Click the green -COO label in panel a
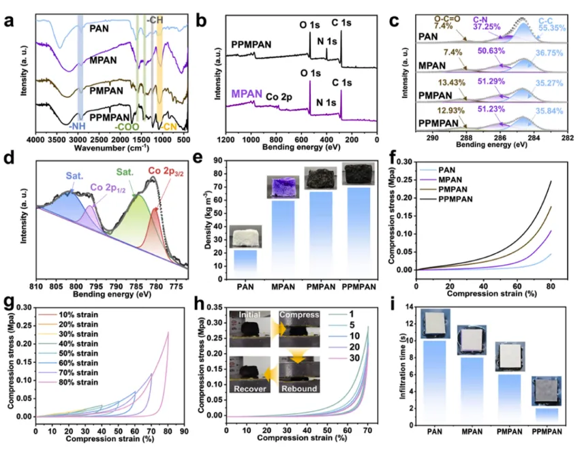tap(127, 127)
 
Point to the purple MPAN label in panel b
tap(246, 93)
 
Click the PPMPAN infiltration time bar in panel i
tap(547, 416)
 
